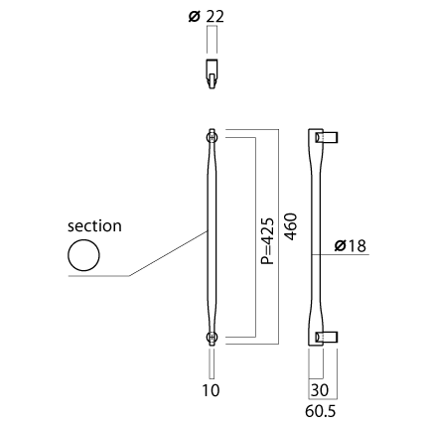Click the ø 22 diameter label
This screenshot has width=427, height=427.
[206, 16]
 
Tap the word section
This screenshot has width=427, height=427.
[94, 226]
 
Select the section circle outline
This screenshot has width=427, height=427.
[83, 239]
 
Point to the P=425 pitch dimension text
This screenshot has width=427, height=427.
[268, 240]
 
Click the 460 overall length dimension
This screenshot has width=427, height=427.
[291, 226]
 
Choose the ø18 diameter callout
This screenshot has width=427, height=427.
[351, 246]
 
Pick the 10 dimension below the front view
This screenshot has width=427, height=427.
[211, 390]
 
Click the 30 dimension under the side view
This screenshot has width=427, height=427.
[320, 390]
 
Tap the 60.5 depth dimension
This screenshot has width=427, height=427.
[321, 411]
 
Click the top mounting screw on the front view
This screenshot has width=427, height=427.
[212, 137]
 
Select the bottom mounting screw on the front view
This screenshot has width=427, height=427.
[212, 337]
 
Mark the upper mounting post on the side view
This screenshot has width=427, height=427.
[326, 137]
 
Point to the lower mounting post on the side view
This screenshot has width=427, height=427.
[326, 337]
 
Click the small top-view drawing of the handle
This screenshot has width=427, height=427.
[212, 73]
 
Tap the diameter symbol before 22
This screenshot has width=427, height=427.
[195, 16]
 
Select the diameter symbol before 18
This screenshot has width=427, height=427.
[341, 246]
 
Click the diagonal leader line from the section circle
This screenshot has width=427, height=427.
[168, 253]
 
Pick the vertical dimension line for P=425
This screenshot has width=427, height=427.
[256, 237]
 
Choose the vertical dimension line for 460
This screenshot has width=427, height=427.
[279, 236]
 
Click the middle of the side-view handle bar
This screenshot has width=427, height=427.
[315, 237]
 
